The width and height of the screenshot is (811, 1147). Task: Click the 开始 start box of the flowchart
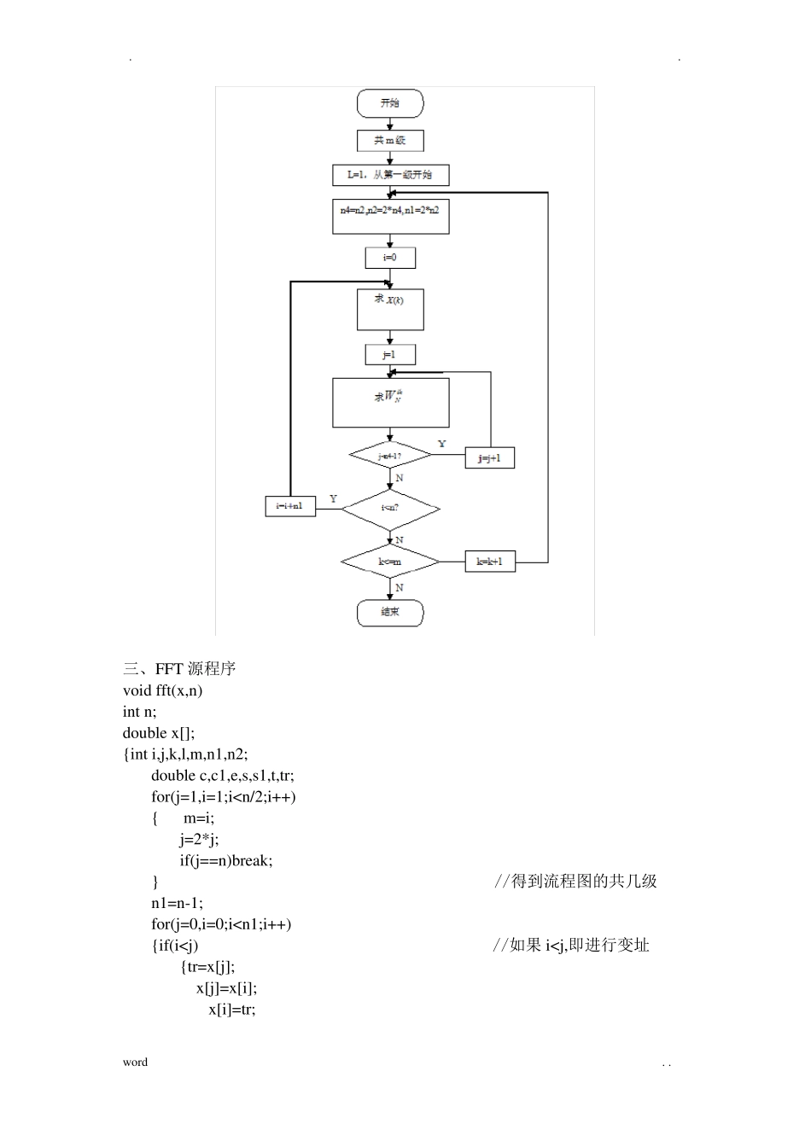(x=390, y=103)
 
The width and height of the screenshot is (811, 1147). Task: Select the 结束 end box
(x=390, y=612)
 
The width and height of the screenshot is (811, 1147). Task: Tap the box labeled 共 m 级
(x=390, y=140)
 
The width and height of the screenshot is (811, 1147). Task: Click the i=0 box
(x=390, y=257)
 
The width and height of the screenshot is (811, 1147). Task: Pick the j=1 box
(x=390, y=353)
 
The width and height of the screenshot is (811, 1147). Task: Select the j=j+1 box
(x=490, y=458)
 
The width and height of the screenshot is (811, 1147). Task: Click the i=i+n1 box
(x=290, y=506)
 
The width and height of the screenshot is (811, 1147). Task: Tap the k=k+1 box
(x=490, y=562)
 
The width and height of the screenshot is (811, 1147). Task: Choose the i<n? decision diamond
(x=390, y=509)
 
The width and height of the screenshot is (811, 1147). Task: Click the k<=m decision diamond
(x=390, y=562)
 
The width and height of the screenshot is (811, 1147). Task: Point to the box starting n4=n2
(x=390, y=217)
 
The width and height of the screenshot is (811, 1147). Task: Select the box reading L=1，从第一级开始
(x=390, y=175)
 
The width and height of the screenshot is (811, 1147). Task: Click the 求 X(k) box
(x=390, y=309)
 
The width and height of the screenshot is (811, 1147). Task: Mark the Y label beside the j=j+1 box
(x=441, y=444)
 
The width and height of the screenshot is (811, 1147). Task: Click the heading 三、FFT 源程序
(x=179, y=669)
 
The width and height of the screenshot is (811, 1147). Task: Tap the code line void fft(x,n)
(x=163, y=690)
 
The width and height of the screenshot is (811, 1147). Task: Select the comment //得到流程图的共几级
(x=575, y=882)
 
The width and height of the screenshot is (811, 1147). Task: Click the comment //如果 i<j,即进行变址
(x=571, y=946)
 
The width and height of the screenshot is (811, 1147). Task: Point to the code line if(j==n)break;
(x=226, y=860)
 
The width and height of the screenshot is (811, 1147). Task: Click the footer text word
(x=135, y=1063)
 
